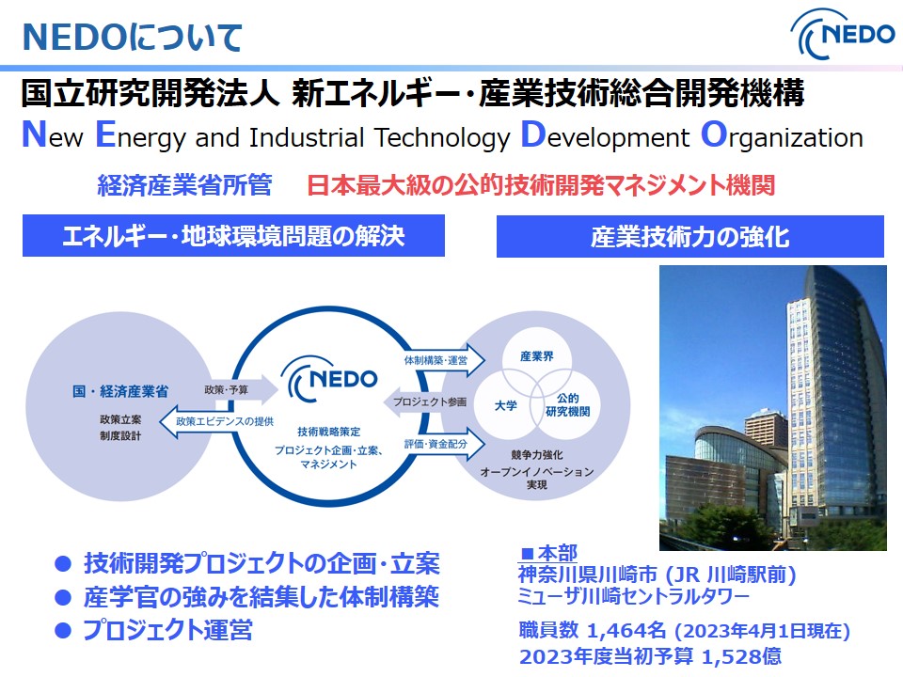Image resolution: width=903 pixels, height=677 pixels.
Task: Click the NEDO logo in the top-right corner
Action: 843,36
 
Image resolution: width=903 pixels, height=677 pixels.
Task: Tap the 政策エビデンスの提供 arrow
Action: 217,421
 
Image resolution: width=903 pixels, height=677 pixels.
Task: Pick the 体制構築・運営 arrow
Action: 443,360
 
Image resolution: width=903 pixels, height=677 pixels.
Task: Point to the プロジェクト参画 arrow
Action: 425,401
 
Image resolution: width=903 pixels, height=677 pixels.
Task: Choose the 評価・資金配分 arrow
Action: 443,444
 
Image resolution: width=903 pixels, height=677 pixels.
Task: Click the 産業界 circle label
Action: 537,356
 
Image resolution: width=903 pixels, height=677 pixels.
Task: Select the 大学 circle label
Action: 506,406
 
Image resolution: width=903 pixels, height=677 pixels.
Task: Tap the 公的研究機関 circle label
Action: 567,404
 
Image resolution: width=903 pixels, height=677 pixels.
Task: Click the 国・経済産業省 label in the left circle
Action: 120,391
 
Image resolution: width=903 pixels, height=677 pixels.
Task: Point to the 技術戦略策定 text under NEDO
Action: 329,432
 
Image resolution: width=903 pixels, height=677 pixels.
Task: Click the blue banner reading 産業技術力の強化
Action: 689,236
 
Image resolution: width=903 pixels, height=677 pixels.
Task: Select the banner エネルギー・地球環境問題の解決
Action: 233,235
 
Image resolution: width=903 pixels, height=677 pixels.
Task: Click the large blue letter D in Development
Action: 532,134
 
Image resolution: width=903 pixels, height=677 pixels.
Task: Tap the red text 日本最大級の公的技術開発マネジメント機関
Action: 541,185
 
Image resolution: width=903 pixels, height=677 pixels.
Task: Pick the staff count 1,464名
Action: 626,630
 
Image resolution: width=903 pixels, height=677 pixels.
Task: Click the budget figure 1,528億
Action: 742,655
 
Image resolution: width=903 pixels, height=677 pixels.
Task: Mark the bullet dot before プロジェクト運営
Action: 63,631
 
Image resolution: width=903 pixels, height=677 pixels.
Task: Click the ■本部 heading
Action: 548,553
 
